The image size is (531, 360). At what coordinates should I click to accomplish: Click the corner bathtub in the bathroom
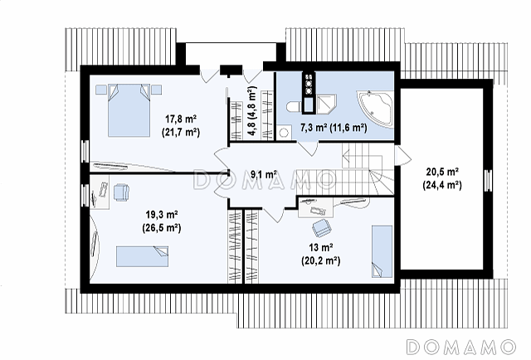click(376, 108)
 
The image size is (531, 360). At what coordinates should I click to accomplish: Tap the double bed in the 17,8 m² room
click(129, 110)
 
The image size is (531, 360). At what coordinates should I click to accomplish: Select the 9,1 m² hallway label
click(265, 175)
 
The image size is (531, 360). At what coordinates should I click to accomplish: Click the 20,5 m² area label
click(442, 172)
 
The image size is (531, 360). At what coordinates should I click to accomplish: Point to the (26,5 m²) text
click(162, 227)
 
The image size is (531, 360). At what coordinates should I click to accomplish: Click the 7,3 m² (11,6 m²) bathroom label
click(334, 128)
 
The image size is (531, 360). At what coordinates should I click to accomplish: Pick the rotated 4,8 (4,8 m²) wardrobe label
click(252, 111)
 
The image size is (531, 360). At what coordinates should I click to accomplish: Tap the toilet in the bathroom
click(293, 107)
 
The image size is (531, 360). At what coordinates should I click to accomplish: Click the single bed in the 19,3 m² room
click(142, 256)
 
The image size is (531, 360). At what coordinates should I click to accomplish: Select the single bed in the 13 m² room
click(382, 251)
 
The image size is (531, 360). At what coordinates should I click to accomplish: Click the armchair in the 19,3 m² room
click(121, 192)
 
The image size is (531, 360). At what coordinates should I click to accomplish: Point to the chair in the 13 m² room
click(322, 227)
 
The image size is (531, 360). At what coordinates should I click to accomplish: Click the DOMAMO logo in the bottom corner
click(460, 347)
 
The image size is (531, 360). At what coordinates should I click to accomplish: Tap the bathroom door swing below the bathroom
click(309, 148)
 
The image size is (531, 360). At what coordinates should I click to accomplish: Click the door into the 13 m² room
click(274, 215)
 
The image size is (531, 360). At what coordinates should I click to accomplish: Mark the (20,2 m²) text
click(321, 260)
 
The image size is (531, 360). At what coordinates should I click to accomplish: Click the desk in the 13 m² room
click(315, 207)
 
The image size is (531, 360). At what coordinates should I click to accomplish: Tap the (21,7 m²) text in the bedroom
click(181, 132)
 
